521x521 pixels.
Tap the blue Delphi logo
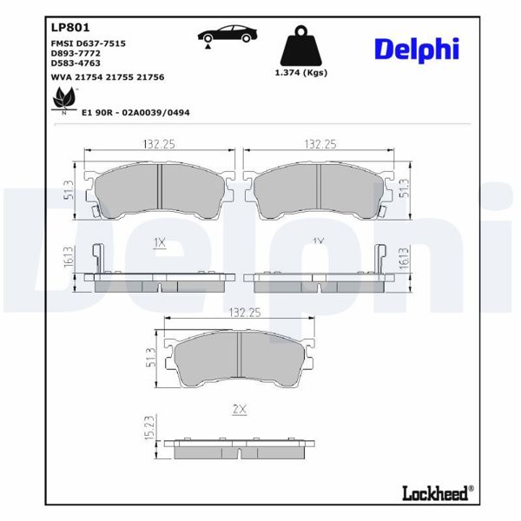click(x=416, y=50)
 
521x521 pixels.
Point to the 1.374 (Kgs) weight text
click(x=300, y=73)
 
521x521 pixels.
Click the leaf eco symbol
click(x=63, y=102)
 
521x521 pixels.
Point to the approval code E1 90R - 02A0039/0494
click(x=135, y=112)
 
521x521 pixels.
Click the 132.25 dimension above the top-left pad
click(x=160, y=143)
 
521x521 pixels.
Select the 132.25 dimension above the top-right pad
click(x=320, y=143)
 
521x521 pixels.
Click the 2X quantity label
click(x=240, y=408)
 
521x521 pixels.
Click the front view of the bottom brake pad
click(x=240, y=361)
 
